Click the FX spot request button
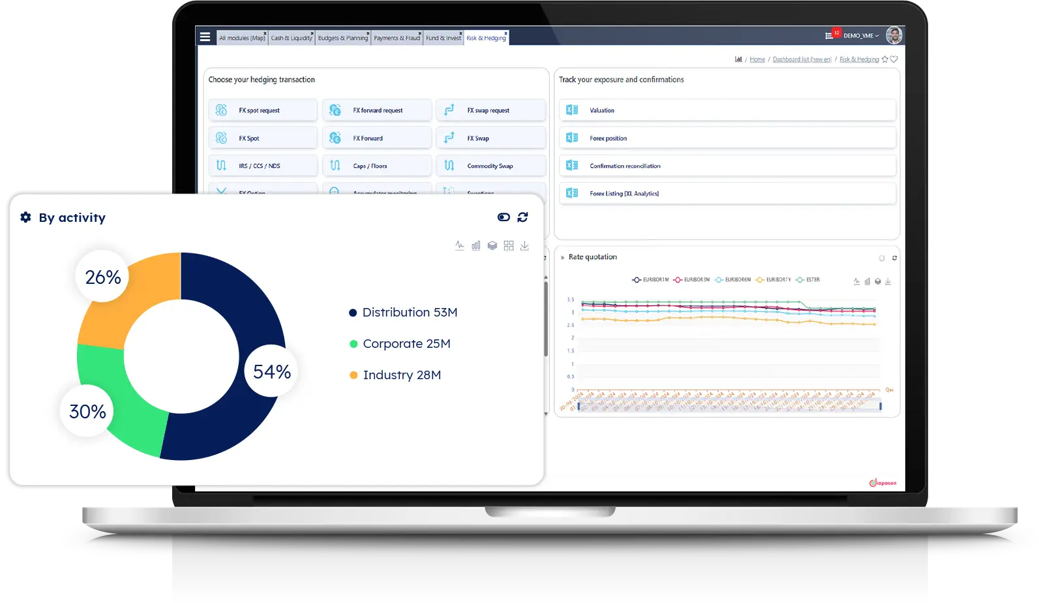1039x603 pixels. pyautogui.click(x=262, y=110)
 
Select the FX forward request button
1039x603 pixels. pyautogui.click(x=377, y=110)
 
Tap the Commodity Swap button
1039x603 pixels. pyautogui.click(x=490, y=166)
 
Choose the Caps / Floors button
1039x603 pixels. pyautogui.click(x=377, y=166)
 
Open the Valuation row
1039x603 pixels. pyautogui.click(x=727, y=110)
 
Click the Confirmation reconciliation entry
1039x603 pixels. pyautogui.click(x=727, y=166)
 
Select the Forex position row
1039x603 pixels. pyautogui.click(x=727, y=138)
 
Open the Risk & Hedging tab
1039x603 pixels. pyautogui.click(x=486, y=38)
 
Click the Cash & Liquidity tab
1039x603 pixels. pyautogui.click(x=292, y=38)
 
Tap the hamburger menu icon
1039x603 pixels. pyautogui.click(x=205, y=37)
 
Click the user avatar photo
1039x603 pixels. pyautogui.click(x=894, y=35)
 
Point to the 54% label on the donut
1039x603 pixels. pyautogui.click(x=272, y=372)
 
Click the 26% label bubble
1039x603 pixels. pyautogui.click(x=103, y=277)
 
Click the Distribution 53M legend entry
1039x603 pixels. pyautogui.click(x=409, y=313)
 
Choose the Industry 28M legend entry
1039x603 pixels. pyautogui.click(x=401, y=375)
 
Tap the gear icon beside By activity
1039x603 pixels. pyautogui.click(x=26, y=217)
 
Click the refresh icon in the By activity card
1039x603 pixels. pyautogui.click(x=522, y=217)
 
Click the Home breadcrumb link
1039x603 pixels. pyautogui.click(x=757, y=59)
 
